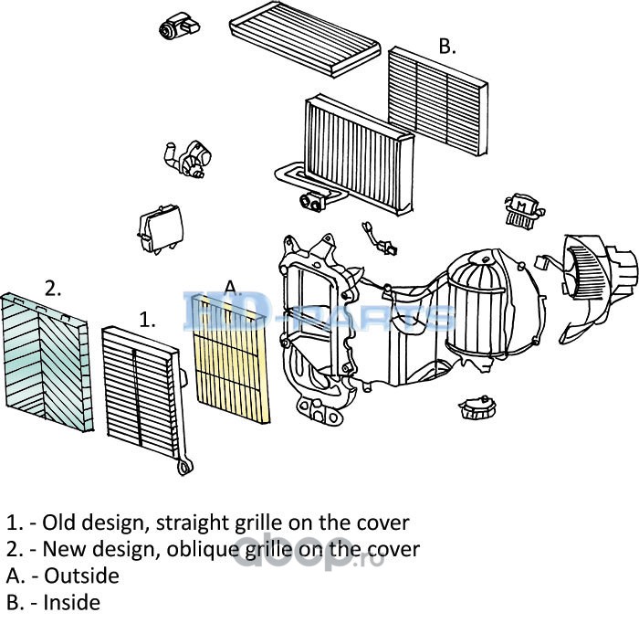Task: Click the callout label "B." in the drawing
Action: (x=446, y=47)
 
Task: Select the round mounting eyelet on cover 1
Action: (x=183, y=468)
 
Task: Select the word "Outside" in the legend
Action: (x=81, y=575)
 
